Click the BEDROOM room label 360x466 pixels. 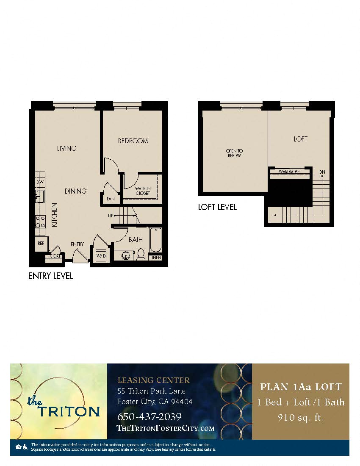[x=133, y=141]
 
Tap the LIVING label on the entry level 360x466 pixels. [x=67, y=148]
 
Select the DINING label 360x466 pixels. [x=75, y=191]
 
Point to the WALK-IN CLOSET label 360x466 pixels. [x=143, y=191]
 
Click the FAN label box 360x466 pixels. [x=111, y=198]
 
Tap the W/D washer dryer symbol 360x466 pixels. [x=101, y=255]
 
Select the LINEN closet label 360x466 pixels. [x=155, y=258]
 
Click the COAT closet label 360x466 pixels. [x=55, y=256]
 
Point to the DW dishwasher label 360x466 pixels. [x=40, y=182]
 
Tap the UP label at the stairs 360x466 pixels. [x=111, y=216]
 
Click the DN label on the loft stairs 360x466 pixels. [x=322, y=172]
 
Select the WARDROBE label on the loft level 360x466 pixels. [x=289, y=172]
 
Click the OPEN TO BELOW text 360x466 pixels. [x=234, y=153]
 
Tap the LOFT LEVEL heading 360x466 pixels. [x=217, y=207]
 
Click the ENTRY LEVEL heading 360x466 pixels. [x=50, y=276]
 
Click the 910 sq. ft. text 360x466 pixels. [x=301, y=417]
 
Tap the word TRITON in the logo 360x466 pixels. [x=69, y=411]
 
